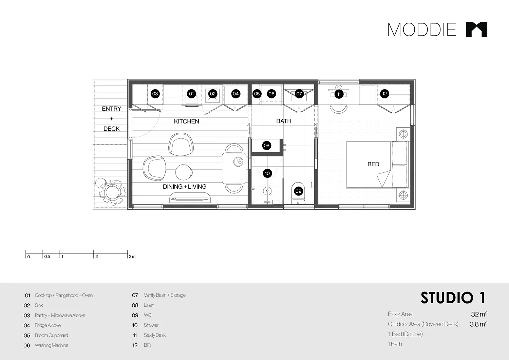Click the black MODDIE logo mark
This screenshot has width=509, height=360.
[476, 29]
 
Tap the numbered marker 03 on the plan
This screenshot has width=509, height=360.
[155, 94]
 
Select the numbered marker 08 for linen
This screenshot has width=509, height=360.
[266, 146]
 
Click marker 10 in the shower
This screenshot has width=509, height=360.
[267, 173]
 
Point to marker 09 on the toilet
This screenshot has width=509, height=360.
[298, 191]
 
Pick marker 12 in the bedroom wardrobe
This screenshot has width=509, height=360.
[384, 94]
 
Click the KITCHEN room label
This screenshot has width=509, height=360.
[186, 121]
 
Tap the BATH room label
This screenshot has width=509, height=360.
[284, 121]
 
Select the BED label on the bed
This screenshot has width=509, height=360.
[373, 164]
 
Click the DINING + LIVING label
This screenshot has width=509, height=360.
[185, 187]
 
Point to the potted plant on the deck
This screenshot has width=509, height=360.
[111, 192]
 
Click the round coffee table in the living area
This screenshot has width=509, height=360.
[184, 172]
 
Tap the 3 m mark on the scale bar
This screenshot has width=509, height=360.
[132, 257]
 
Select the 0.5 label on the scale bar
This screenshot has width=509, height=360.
[47, 257]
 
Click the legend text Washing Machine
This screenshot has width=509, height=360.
[52, 345]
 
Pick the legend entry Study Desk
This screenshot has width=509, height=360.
[155, 335]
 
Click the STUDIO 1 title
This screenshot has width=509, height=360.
[453, 298]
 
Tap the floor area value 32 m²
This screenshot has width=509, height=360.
[479, 314]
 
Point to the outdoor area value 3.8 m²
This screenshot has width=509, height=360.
[478, 324]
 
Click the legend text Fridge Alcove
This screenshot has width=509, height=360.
[48, 325]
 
